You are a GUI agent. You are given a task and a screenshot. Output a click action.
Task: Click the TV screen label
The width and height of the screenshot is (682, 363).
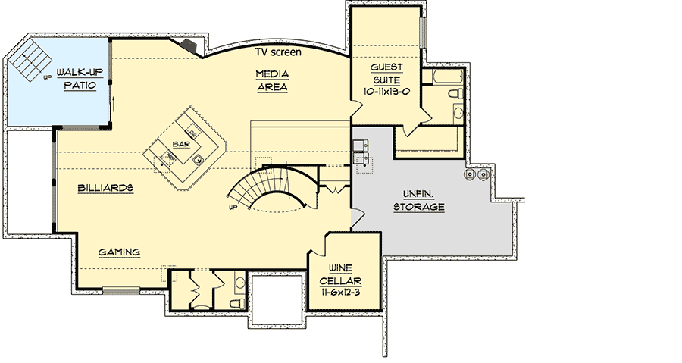[277, 52]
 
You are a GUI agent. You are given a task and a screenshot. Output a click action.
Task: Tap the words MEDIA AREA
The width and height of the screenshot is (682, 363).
[271, 80]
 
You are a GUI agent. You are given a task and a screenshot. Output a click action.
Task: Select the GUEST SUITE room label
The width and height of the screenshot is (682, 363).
[386, 74]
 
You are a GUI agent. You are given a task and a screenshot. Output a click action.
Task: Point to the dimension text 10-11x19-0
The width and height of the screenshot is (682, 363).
[386, 92]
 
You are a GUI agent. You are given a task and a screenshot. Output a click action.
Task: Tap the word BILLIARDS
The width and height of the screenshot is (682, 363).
[105, 187]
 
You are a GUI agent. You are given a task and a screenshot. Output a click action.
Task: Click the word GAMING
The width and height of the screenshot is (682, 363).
[120, 252]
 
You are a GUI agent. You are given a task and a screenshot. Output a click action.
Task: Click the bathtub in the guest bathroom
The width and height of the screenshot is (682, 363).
[440, 78]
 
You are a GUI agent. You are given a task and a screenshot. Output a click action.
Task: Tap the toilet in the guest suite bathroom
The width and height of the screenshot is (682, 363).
[455, 94]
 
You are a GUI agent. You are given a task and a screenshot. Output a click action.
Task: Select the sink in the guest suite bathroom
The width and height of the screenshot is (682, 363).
[458, 114]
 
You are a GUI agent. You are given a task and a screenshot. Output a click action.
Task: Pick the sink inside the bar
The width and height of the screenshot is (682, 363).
[198, 159]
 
